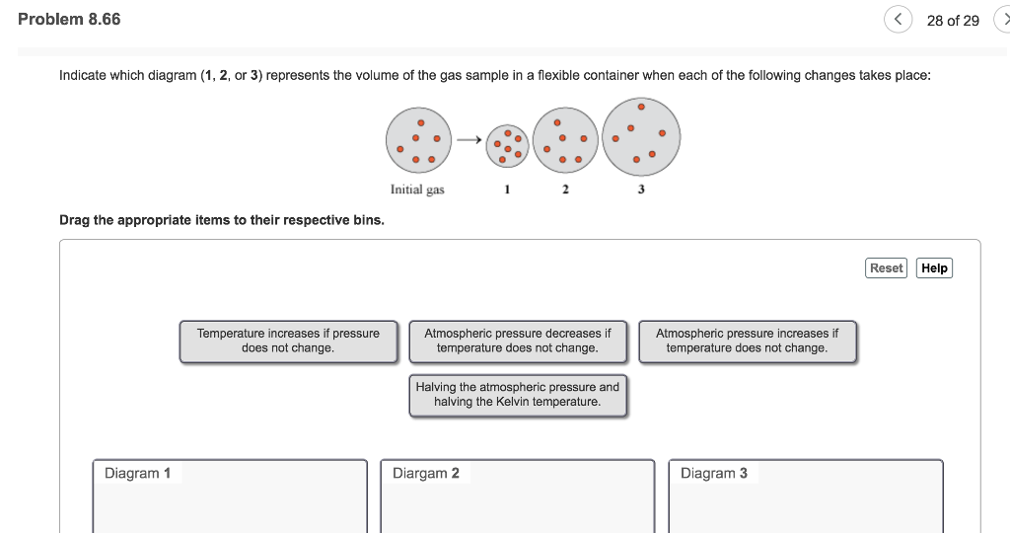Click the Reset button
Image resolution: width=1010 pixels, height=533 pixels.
886,267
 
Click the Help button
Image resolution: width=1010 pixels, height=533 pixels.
934,267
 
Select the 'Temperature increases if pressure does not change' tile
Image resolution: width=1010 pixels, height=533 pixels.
288,341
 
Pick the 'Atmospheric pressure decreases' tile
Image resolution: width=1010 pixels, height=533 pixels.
517,341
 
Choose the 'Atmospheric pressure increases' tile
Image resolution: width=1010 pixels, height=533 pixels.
747,341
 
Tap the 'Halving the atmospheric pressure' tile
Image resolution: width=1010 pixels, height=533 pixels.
517,395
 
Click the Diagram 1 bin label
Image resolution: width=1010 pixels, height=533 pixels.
137,473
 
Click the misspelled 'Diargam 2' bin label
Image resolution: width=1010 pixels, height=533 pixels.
425,473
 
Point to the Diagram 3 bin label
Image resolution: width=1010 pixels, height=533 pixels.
713,473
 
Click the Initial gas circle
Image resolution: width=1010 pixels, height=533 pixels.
418,143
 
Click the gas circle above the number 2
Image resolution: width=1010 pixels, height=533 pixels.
565,143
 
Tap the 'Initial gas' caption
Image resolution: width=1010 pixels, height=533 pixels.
417,190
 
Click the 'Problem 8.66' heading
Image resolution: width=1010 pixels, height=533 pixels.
69,19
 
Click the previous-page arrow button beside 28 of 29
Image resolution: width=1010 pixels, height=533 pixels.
898,20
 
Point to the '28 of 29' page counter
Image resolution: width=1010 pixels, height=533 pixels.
953,21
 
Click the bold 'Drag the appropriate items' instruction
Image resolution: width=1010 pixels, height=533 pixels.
222,219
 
